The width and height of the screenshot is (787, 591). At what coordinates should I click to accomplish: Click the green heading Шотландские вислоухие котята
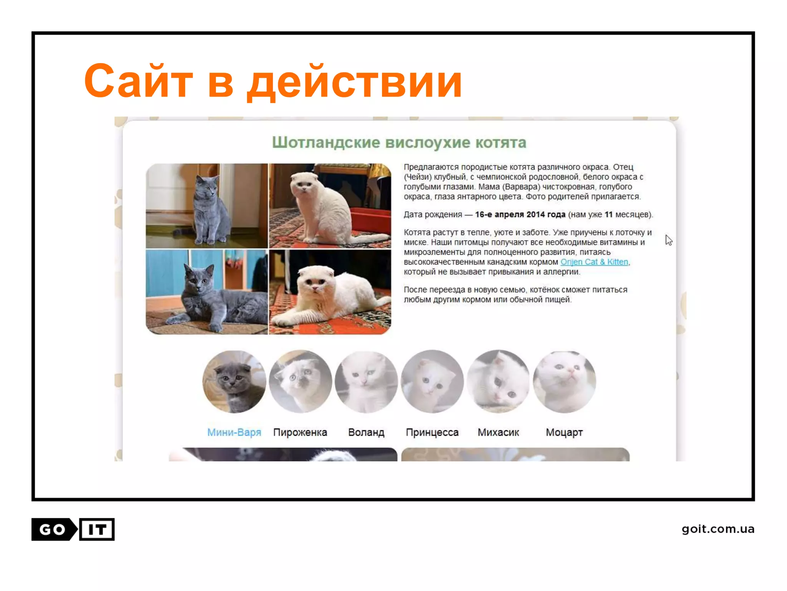(399, 143)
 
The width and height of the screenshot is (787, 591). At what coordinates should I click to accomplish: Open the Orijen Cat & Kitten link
(594, 262)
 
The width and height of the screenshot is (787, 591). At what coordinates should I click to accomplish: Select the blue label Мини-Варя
(234, 432)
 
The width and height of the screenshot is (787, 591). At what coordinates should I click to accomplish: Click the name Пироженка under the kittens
(300, 432)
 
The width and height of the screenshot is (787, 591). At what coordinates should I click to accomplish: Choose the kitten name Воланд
(366, 432)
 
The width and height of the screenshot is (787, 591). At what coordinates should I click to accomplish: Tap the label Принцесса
(432, 432)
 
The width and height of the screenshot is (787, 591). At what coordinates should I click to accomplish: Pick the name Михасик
(498, 432)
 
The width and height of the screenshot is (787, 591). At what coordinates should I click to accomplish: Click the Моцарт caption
(564, 432)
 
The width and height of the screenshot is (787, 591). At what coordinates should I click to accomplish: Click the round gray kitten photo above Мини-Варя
(234, 382)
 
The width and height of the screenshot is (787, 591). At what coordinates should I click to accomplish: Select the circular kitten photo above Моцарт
(564, 382)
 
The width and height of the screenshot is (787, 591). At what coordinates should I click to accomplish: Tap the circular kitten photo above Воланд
(366, 382)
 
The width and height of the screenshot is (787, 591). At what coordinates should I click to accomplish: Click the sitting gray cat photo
(207, 206)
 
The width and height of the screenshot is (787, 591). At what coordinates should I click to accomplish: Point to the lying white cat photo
(330, 292)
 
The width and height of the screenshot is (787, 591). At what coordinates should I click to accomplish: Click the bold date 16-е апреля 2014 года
(520, 215)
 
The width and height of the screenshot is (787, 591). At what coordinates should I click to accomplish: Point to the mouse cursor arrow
(669, 240)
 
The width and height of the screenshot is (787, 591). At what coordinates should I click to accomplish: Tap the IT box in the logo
(97, 529)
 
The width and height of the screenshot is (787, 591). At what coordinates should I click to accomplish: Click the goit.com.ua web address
(718, 529)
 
